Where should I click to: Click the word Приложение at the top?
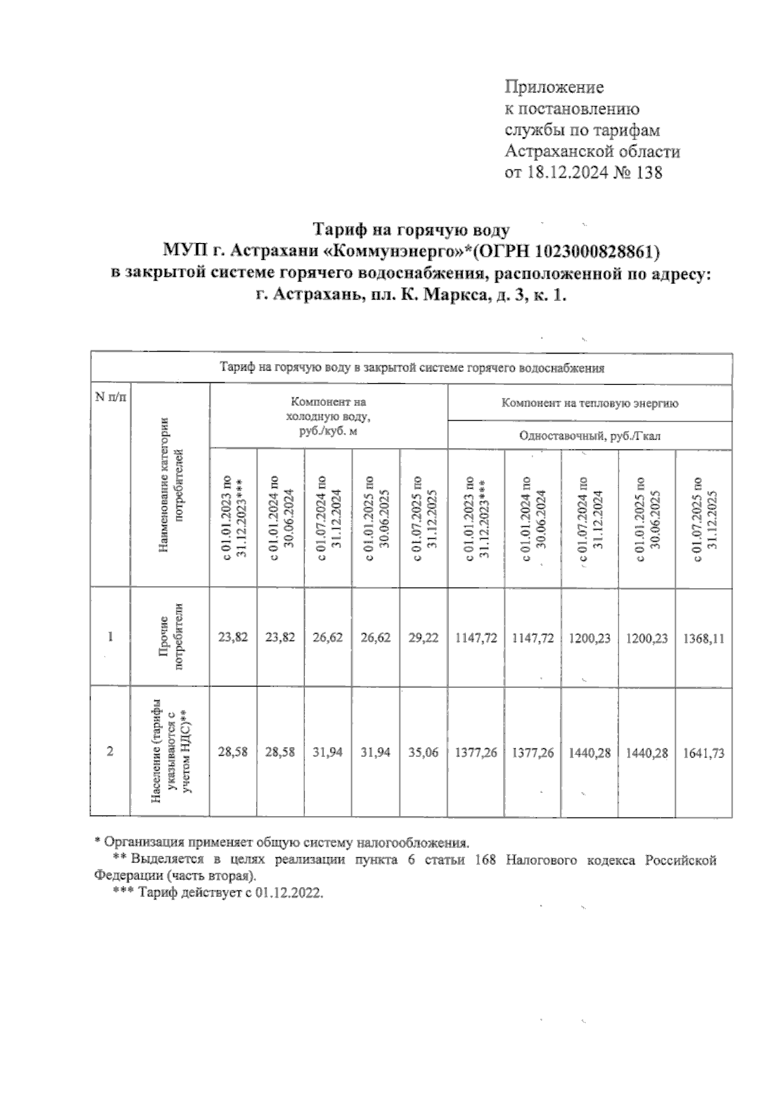click(x=555, y=87)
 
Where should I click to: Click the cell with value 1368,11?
click(x=703, y=638)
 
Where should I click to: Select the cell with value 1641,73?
click(x=703, y=753)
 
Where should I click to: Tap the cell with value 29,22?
click(x=423, y=638)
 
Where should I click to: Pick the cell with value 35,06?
click(x=423, y=753)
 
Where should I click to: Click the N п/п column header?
click(x=110, y=397)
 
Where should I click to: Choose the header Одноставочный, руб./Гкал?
click(x=589, y=436)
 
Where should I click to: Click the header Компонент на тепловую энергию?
click(x=589, y=403)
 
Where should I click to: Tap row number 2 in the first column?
click(x=110, y=752)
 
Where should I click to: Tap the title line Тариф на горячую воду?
click(x=411, y=230)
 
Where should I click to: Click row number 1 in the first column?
click(x=110, y=637)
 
